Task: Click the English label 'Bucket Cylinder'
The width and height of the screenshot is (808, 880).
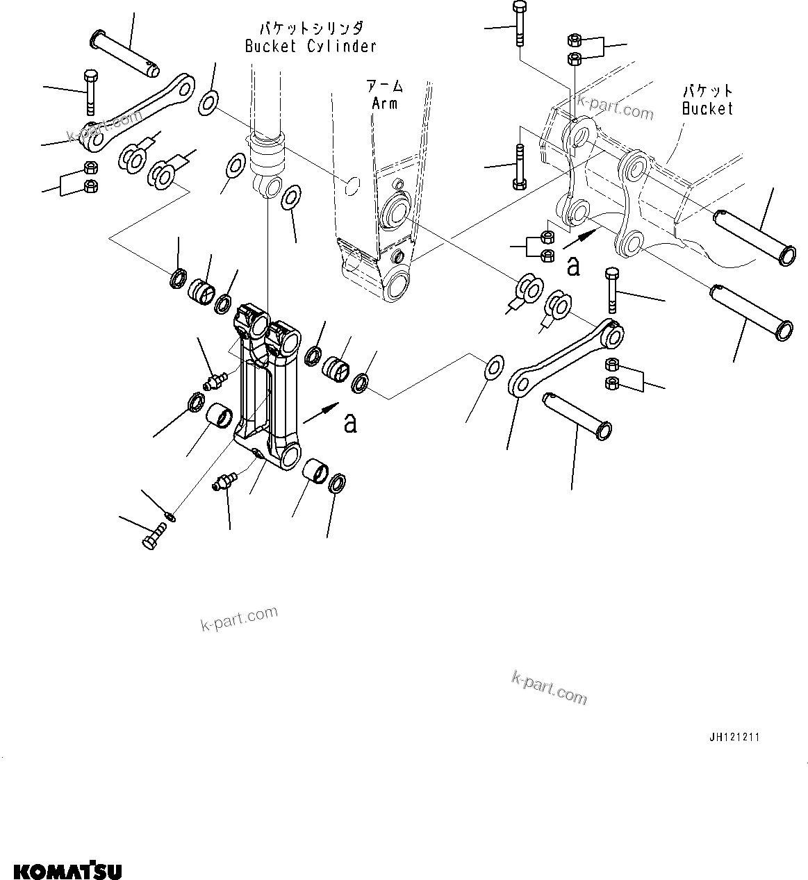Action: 311,47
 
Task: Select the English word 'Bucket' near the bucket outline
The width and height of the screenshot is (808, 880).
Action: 707,108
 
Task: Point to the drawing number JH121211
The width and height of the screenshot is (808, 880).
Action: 734,737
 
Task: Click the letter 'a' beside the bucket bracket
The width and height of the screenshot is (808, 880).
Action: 573,266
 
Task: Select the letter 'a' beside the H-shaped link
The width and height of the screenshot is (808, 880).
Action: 350,422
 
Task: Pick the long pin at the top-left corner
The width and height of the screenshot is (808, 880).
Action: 125,53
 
